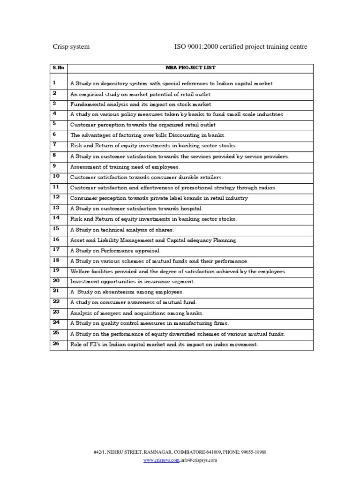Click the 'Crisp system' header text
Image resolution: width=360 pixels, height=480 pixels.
tap(71, 47)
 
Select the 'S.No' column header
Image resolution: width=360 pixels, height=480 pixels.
tap(58, 68)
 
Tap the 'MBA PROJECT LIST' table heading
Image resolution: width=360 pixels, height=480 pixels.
tap(190, 68)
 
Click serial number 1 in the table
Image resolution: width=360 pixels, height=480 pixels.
tap(54, 83)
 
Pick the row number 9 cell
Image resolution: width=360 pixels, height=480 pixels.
tap(54, 166)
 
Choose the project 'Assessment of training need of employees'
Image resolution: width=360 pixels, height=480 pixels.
tap(125, 167)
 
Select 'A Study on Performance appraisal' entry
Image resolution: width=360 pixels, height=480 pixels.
tap(115, 250)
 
